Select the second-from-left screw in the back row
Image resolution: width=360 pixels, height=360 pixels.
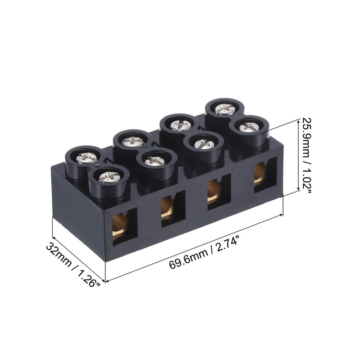(134, 140)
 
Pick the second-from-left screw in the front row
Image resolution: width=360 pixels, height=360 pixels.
(156, 160)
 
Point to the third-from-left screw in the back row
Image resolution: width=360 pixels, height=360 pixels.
(179, 124)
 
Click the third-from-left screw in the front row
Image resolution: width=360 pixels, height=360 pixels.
(204, 144)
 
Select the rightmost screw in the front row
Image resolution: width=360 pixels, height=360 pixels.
(249, 127)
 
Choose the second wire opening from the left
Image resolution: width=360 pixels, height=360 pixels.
(172, 208)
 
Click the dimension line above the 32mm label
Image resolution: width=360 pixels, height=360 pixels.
(79, 251)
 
